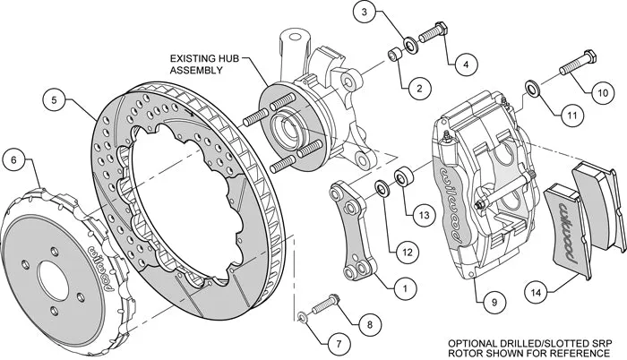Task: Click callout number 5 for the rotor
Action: pyautogui.click(x=55, y=102)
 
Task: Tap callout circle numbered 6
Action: pyautogui.click(x=13, y=161)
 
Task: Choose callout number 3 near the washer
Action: pyautogui.click(x=362, y=13)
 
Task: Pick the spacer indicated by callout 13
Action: pyautogui.click(x=403, y=175)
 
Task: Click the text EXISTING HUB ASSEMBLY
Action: pyautogui.click(x=205, y=65)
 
